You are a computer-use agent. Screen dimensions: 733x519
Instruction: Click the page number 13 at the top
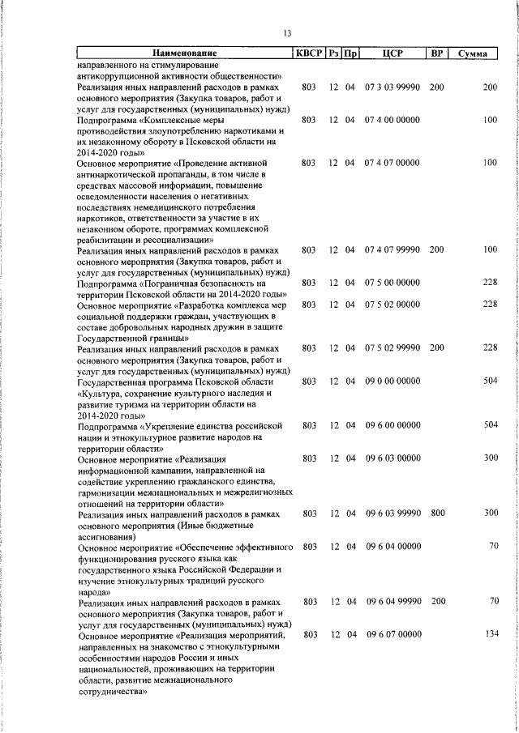tap(287, 32)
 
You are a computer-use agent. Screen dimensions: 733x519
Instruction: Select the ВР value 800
tap(436, 514)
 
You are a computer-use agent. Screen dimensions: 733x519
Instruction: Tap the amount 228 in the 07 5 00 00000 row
tap(489, 283)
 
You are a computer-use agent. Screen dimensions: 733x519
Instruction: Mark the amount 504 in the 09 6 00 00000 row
tap(489, 425)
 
